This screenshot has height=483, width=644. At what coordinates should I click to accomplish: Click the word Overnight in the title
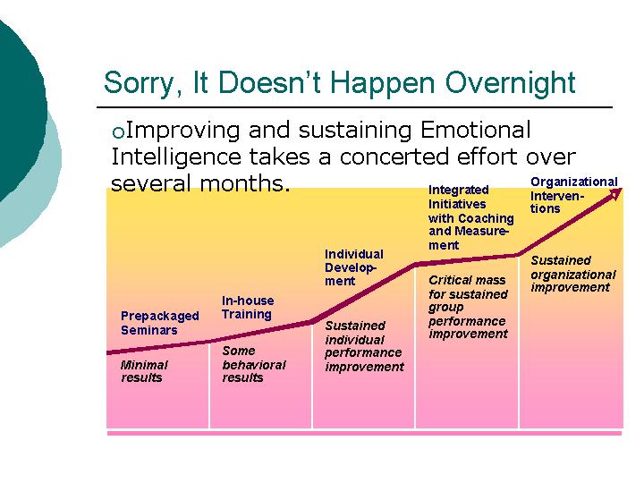click(510, 83)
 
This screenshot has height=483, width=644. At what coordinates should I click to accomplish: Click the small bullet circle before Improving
click(118, 132)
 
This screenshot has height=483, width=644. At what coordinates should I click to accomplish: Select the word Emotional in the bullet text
click(476, 130)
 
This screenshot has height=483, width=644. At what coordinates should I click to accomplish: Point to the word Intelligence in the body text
click(176, 157)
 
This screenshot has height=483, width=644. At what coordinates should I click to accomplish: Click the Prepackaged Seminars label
click(160, 323)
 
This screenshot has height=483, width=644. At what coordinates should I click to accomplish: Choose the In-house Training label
click(248, 307)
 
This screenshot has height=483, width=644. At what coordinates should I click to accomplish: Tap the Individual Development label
click(354, 267)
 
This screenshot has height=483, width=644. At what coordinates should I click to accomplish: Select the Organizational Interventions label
click(573, 195)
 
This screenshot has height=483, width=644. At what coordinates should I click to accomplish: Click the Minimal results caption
click(144, 371)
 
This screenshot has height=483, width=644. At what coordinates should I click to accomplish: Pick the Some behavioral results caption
click(253, 364)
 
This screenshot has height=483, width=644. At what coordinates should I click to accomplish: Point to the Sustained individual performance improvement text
click(364, 346)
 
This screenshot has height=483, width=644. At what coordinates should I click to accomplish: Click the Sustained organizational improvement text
click(573, 274)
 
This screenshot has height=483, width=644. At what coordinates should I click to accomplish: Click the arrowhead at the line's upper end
click(616, 193)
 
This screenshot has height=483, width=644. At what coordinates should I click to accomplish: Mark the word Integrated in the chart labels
click(458, 191)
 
